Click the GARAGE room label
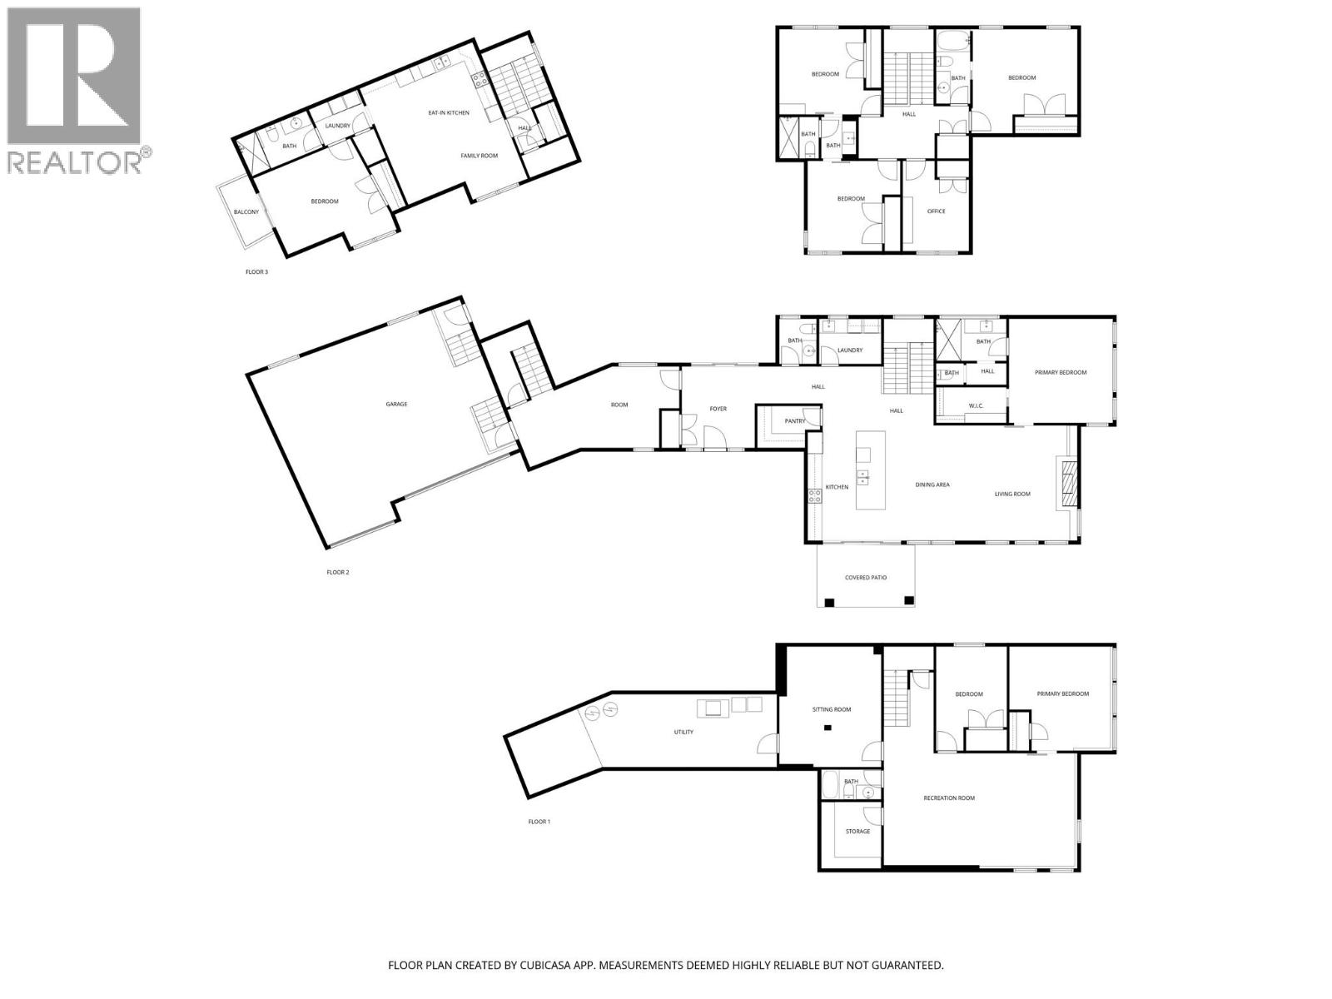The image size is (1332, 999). (x=396, y=404)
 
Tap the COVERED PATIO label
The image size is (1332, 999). (x=866, y=577)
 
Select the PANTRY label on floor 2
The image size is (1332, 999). (x=794, y=421)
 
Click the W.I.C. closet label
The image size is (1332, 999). (x=977, y=406)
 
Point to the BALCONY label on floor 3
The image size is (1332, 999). (x=246, y=212)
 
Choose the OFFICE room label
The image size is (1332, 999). (x=936, y=211)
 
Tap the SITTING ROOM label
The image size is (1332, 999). (x=832, y=709)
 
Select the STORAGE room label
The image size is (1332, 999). (x=857, y=831)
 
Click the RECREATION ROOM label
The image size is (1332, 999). (x=949, y=798)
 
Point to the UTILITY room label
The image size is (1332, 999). (x=683, y=733)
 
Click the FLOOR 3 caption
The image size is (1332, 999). (x=256, y=272)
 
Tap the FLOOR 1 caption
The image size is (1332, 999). (x=539, y=822)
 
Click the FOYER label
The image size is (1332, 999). (x=718, y=409)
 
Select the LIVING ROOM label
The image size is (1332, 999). (x=1012, y=494)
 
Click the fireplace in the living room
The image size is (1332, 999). (x=1067, y=484)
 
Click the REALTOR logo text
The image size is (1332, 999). (x=75, y=162)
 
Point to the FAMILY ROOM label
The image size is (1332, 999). (x=480, y=156)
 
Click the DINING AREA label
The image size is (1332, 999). (x=932, y=485)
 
